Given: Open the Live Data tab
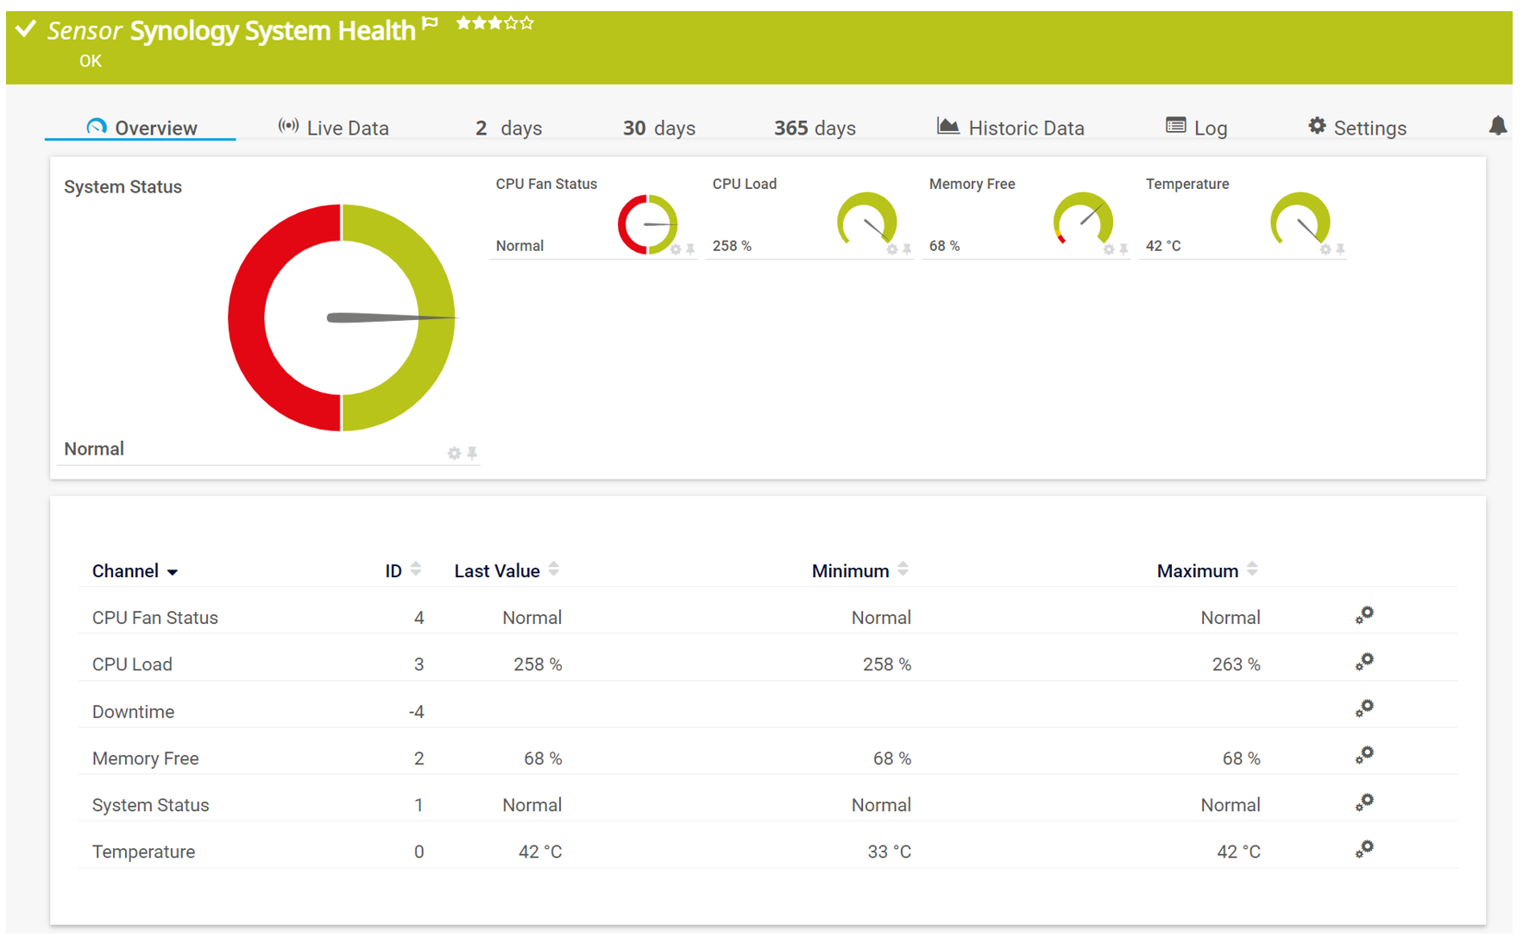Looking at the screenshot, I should (x=334, y=128).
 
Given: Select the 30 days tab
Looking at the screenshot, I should (x=658, y=128).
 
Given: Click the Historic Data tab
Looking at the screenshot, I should (x=1010, y=128).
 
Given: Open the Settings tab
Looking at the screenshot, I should (x=1357, y=128).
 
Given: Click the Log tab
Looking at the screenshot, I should (x=1196, y=128).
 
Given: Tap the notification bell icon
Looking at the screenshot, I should (x=1498, y=126).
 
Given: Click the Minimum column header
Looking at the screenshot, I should (x=850, y=571).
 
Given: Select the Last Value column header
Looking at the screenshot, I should (x=497, y=571).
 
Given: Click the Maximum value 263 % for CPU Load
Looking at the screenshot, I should (x=1236, y=664).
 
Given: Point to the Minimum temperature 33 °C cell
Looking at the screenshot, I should (x=889, y=852).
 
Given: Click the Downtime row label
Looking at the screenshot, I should (x=133, y=712).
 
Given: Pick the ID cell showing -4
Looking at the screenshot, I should (x=416, y=712).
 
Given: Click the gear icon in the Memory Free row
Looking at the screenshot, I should (x=1363, y=756).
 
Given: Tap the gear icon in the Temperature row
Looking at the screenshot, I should (x=1363, y=849).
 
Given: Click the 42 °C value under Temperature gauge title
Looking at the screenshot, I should (x=1163, y=246).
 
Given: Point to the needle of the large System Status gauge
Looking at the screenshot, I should (x=388, y=318).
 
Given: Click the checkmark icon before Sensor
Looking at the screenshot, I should (x=26, y=29).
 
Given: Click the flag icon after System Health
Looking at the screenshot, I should (x=431, y=24).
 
